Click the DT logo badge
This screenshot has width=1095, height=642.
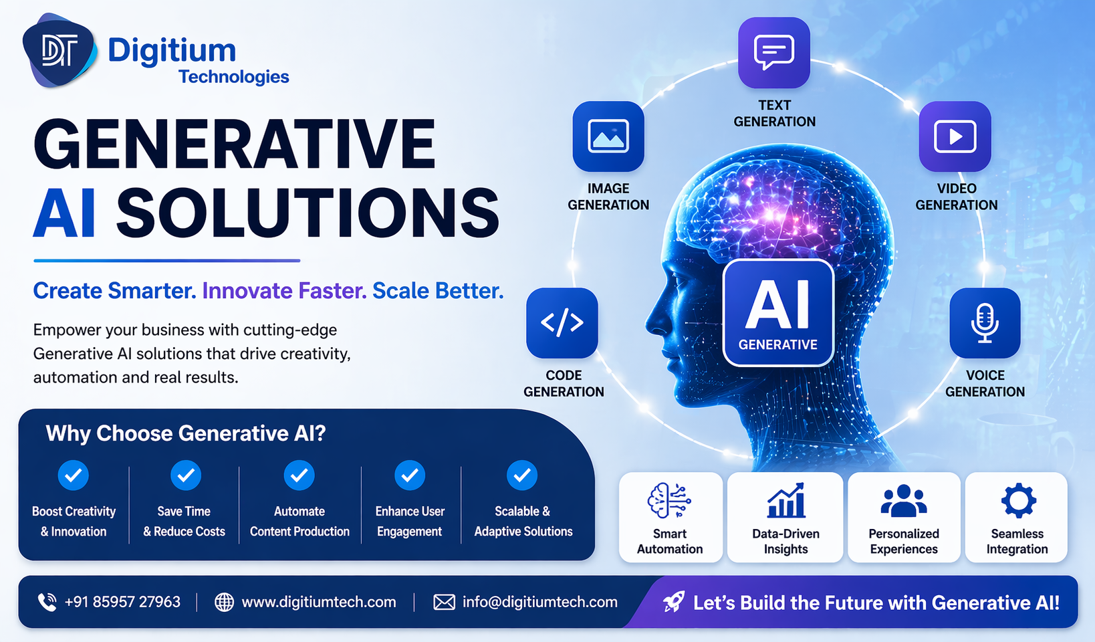click(x=59, y=51)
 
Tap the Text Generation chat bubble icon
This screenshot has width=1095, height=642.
click(x=773, y=52)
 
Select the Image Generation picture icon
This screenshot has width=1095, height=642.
click(x=608, y=136)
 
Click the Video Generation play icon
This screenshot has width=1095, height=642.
click(x=955, y=136)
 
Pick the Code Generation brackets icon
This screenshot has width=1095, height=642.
click(x=562, y=322)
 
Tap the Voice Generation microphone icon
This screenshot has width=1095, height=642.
click(x=985, y=322)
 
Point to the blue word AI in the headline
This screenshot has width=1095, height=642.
click(x=64, y=214)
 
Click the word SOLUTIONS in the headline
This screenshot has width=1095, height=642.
click(x=308, y=214)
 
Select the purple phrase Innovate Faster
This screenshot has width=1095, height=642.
click(x=284, y=291)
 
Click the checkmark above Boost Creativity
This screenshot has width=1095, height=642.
click(x=74, y=475)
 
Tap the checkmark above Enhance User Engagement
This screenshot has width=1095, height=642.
click(x=410, y=475)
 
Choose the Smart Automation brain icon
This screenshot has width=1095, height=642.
click(x=669, y=500)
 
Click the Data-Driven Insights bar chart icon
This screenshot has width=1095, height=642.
click(x=785, y=500)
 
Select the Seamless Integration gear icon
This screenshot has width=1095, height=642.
click(x=1018, y=500)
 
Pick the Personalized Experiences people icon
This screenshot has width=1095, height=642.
click(x=904, y=500)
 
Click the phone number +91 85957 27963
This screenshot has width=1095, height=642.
click(x=122, y=602)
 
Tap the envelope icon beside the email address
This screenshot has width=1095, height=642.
click(x=444, y=602)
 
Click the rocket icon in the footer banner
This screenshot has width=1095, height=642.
click(x=674, y=602)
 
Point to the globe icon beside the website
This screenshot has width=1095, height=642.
click(x=224, y=602)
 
